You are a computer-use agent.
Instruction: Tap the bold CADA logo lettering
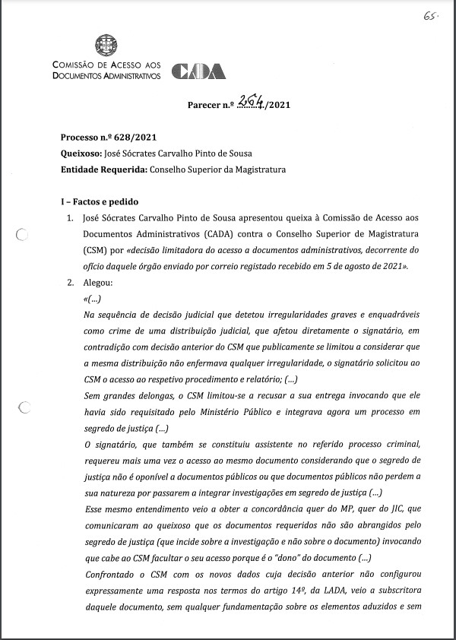pos(198,71)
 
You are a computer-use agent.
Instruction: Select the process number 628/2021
pos(132,137)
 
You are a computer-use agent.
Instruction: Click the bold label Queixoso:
pos(81,153)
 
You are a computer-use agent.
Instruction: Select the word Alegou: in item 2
pos(97,283)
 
